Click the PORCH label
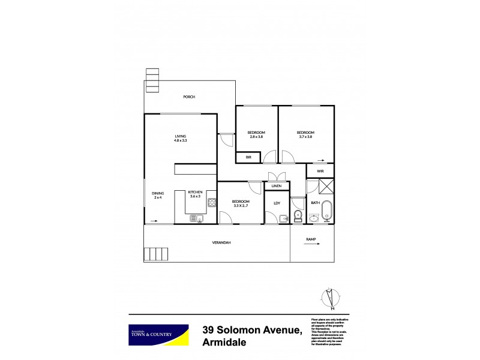(190, 97)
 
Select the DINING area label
(158, 194)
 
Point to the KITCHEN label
(195, 193)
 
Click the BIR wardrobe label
(248, 157)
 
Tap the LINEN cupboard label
(277, 186)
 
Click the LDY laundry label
(277, 203)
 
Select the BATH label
(315, 203)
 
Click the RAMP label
(311, 239)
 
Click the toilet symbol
(298, 215)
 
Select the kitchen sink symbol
(196, 219)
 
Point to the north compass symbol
(329, 298)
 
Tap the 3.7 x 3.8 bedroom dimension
(305, 137)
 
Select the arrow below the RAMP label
(311, 245)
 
